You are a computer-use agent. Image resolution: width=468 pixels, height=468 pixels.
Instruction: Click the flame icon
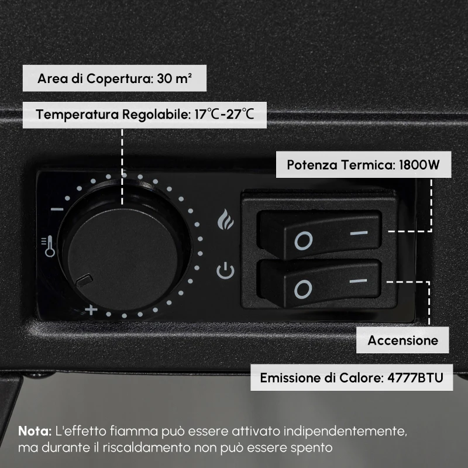pos(225,219)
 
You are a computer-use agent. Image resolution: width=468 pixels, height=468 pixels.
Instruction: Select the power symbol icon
pos(225,271)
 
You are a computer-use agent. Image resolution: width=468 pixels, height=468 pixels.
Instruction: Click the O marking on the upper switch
pos(304,240)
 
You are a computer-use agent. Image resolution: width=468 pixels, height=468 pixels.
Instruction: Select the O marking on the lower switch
pos(304,288)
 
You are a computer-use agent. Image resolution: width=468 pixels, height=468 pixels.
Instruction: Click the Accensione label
pos(403,340)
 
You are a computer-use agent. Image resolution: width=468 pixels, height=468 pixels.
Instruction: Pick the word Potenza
pos(309,164)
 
